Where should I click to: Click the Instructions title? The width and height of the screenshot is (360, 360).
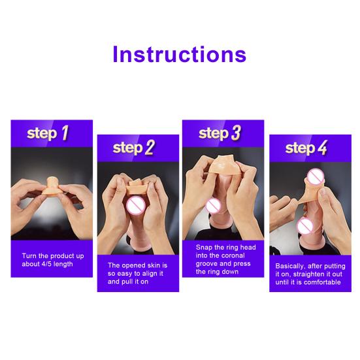pos(180,54)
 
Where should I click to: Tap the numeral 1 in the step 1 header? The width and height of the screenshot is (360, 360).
pos(65,133)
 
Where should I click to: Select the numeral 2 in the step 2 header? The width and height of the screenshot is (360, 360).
pos(150,148)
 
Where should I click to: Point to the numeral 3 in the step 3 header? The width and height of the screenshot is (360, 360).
pos(236,133)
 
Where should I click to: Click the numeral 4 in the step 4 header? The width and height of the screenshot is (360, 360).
pos(322,148)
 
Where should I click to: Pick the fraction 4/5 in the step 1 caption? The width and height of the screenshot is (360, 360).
pos(47,264)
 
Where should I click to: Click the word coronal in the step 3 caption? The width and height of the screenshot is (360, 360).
pos(233,255)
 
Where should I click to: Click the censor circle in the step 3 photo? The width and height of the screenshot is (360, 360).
pos(213,206)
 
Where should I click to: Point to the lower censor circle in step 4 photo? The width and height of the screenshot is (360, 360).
pos(305,226)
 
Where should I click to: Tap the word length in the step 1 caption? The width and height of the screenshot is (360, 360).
pos(63,264)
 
